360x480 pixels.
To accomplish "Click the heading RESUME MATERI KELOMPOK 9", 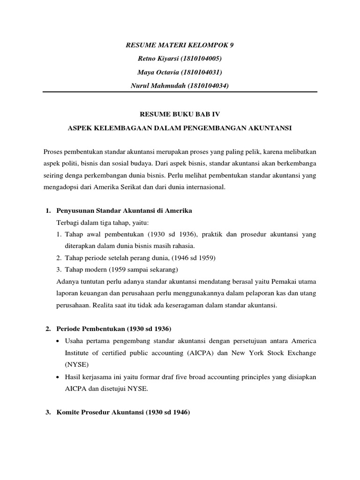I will click(180, 45).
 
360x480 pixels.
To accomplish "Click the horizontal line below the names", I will click(180, 92).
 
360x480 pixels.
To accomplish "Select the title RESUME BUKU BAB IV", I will click(180, 114).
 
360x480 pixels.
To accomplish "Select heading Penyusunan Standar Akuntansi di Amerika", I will click(124, 211).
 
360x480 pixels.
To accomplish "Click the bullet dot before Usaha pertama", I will click(58, 340).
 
